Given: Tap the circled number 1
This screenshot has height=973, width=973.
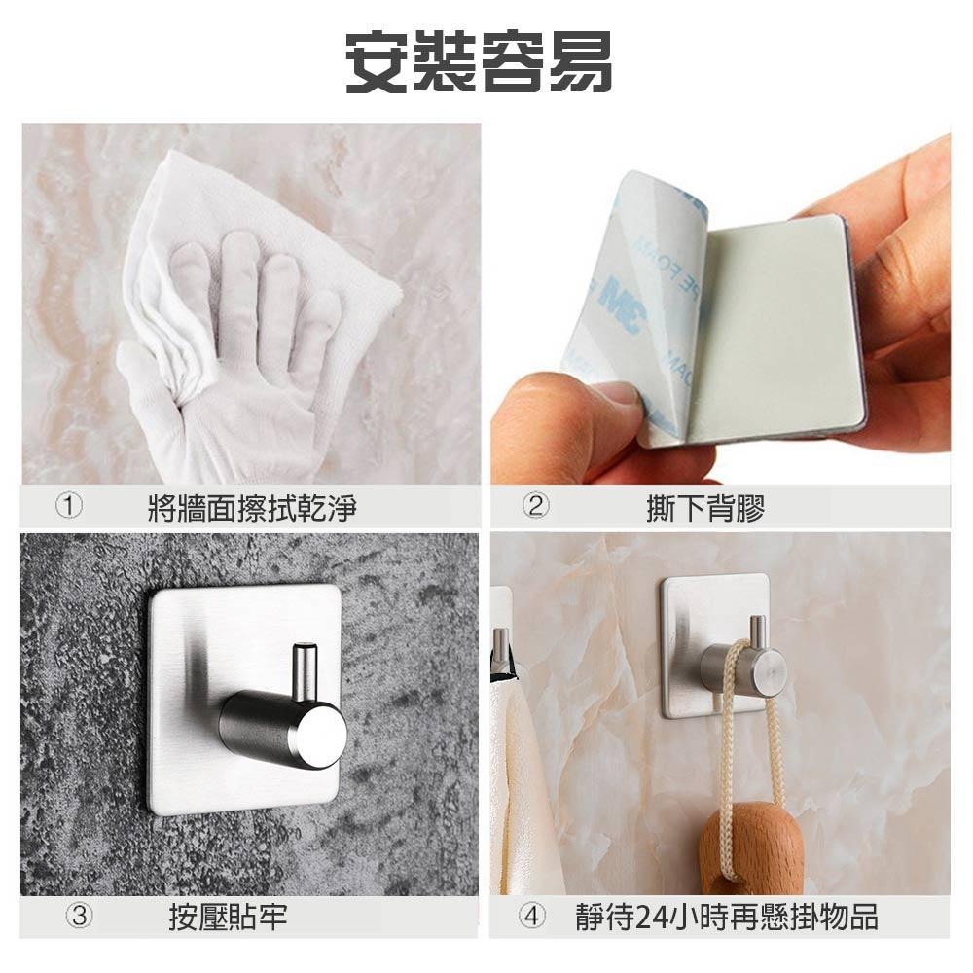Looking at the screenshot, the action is (x=69, y=506).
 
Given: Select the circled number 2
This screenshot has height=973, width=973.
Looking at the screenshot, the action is (x=535, y=506).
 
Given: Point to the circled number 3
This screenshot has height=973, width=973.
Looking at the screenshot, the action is (x=79, y=916).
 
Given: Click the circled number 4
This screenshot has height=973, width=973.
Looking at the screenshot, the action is (x=532, y=916).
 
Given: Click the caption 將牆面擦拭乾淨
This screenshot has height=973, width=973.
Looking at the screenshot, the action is (x=252, y=507).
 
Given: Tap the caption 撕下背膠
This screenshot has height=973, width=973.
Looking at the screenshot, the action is (x=705, y=507).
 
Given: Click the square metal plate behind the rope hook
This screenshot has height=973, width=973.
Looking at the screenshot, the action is (x=714, y=646).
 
